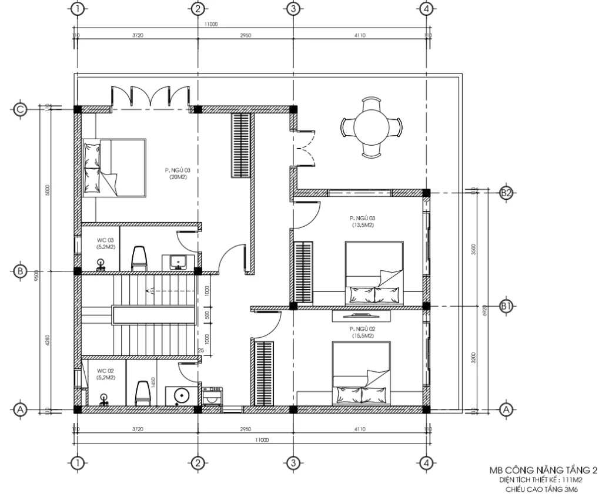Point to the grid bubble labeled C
21,109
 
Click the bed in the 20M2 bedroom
115,167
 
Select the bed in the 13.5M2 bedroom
374,272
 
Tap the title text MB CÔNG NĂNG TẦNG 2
544,471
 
